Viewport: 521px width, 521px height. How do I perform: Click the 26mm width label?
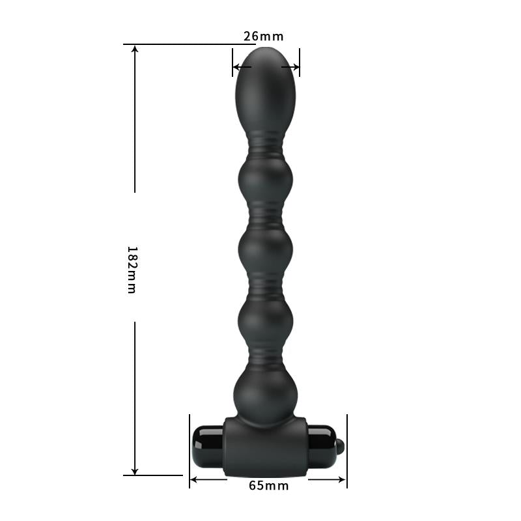(x=264, y=36)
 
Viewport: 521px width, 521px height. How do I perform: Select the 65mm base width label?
(x=268, y=485)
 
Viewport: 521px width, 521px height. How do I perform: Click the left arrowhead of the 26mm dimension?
(x=236, y=66)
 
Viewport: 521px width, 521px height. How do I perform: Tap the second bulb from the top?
(x=265, y=180)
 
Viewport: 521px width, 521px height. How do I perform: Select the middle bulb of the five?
(x=265, y=250)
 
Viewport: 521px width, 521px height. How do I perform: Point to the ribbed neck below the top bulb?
(x=265, y=146)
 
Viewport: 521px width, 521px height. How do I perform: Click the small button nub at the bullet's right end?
(x=339, y=447)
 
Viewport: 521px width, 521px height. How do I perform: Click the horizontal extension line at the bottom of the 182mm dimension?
(x=153, y=475)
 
